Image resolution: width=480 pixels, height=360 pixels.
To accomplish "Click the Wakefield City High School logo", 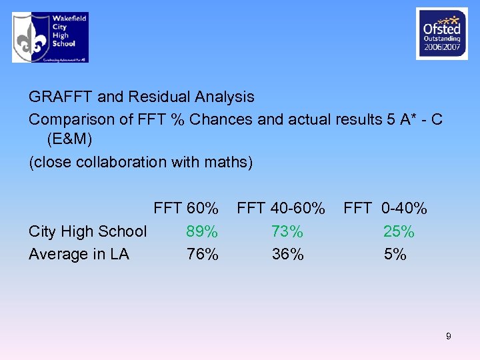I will pos(50,37).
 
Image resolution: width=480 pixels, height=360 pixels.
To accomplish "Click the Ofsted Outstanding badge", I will pos(441,34).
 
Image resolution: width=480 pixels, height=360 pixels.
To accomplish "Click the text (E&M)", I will pos(70,140).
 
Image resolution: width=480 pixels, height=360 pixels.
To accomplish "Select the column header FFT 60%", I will pos(186,209).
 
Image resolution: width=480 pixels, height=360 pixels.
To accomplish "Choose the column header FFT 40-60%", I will pos(281,209).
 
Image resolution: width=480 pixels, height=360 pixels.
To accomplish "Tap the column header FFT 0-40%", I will pos(385,209).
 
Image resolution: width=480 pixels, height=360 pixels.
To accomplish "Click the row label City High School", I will pos(87,231).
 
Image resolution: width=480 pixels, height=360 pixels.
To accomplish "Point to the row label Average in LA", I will pos(79,254).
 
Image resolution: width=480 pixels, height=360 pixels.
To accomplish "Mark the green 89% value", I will pos(202,231).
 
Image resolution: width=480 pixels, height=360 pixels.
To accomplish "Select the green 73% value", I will pos(287,231).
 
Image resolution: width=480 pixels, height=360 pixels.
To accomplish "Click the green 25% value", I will pos(399,231).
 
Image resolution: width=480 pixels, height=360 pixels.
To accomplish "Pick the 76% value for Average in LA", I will pos(202,254).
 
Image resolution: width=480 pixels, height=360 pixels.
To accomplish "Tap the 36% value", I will pos(287,254).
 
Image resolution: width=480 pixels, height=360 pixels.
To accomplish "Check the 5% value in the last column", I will pos(395,254).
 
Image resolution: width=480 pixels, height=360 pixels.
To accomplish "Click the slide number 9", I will pos(448,336).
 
